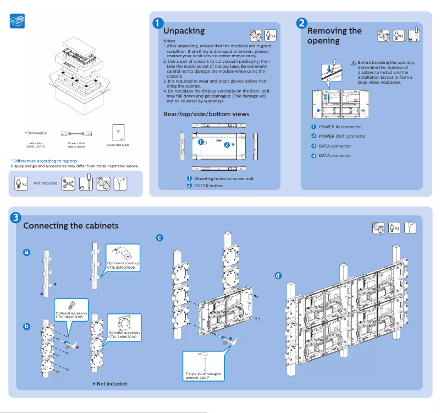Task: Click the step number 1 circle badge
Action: pos(158,23)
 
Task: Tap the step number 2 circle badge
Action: pos(301,23)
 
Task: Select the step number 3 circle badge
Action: pos(17,218)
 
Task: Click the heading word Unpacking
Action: pos(184,31)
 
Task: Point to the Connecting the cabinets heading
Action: pos(70,226)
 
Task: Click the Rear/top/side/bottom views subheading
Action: pos(206,114)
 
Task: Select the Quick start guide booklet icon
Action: pos(118,132)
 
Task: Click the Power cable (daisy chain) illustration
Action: pos(76,133)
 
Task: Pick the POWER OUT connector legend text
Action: pos(342,136)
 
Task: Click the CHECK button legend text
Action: pos(208,186)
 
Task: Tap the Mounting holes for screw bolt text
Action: pos(224,178)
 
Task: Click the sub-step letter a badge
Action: pos(26,253)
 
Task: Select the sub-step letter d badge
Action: pos(278,275)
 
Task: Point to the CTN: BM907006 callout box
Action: pos(123,257)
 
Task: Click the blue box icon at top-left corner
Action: pos(18,21)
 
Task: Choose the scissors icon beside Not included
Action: pos(68,183)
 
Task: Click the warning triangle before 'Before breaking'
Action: pos(354,63)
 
